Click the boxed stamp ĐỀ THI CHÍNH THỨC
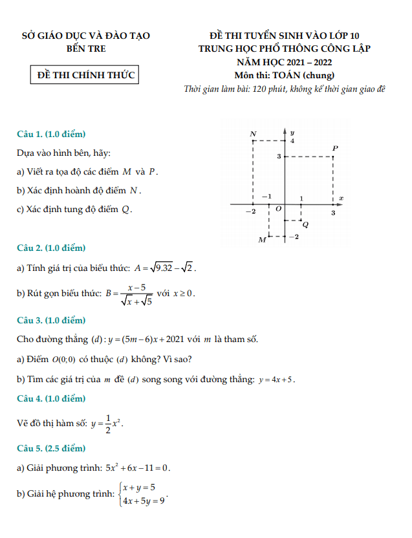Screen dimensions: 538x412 (86, 75)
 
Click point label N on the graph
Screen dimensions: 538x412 (253, 134)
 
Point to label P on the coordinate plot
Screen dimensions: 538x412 (335, 148)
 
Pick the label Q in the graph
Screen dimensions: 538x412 (305, 225)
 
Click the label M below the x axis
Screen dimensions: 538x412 (262, 240)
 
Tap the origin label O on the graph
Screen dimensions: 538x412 (278, 210)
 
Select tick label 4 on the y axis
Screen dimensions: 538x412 (292, 141)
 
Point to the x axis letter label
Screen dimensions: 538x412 (341, 198)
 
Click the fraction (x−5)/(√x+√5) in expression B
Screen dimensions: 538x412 (136, 293)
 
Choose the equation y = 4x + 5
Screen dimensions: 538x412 (276, 380)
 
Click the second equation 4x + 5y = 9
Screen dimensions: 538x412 (144, 500)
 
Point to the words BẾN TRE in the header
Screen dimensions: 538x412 (86, 48)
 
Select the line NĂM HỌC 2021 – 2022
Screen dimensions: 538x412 (285, 62)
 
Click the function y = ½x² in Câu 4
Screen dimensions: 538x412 (107, 424)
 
